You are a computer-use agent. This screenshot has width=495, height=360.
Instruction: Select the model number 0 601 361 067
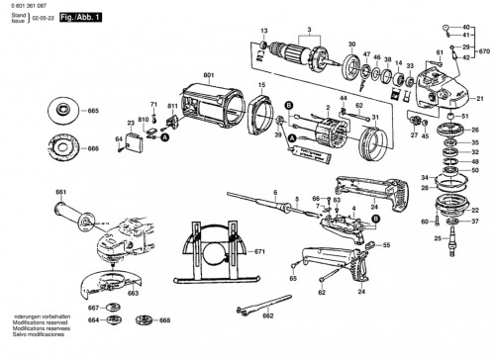coord(27,6)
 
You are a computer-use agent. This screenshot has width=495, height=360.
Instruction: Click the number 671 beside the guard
coord(258,255)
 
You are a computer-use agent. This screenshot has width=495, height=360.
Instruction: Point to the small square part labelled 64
coord(129,145)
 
